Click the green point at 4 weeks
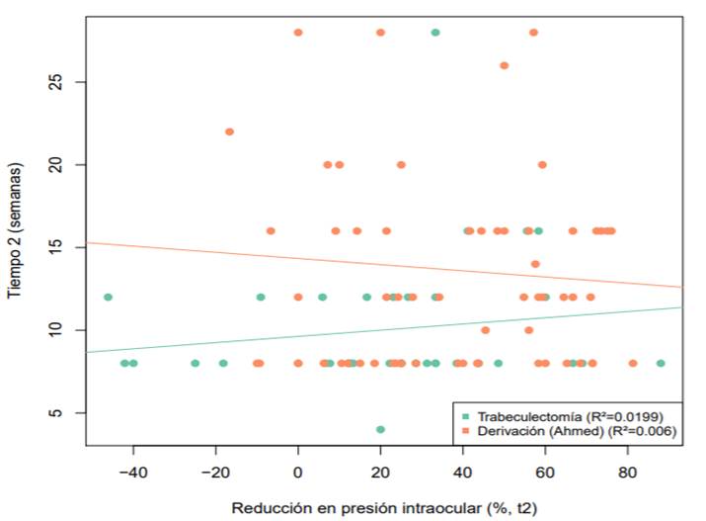click(380, 429)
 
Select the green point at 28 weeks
click(435, 33)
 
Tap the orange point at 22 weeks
click(229, 131)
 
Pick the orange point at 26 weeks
click(505, 65)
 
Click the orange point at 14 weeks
click(535, 264)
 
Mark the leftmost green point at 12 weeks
click(108, 297)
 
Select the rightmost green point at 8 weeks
click(661, 363)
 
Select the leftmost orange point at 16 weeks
click(271, 230)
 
